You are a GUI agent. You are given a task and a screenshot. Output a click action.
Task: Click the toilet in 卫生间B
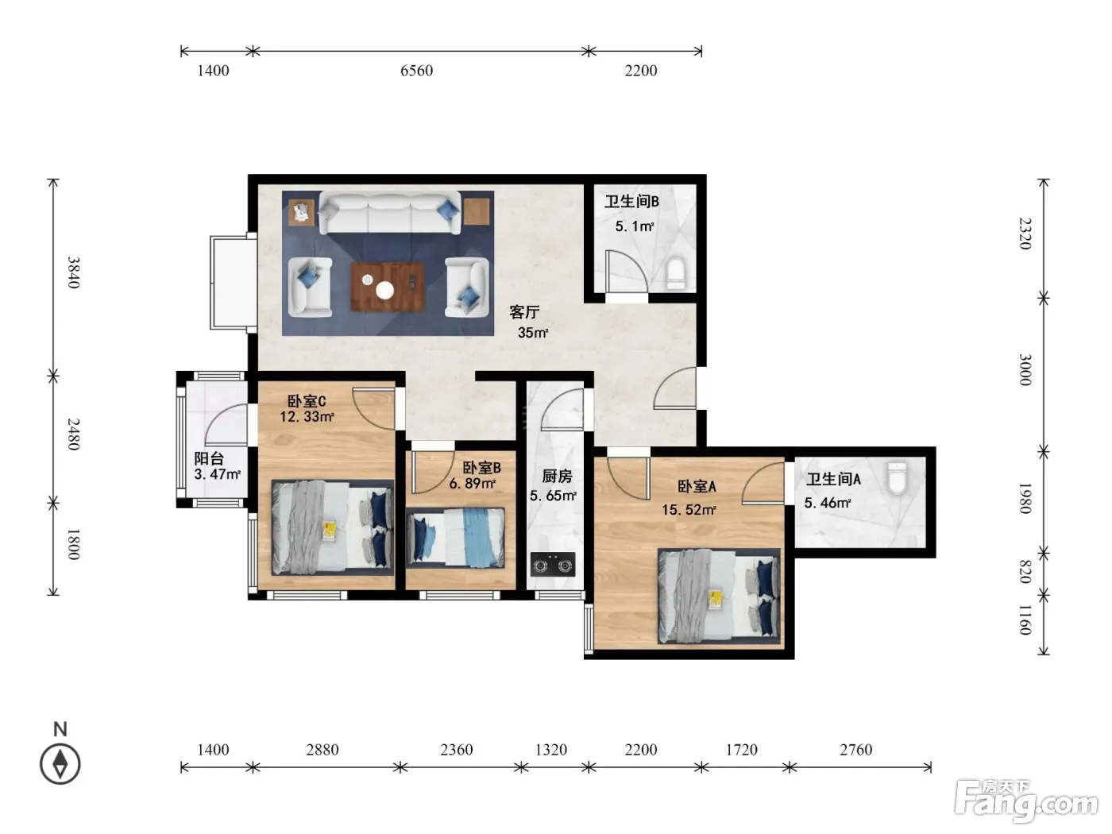(675, 273)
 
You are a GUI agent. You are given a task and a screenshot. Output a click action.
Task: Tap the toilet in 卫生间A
(897, 477)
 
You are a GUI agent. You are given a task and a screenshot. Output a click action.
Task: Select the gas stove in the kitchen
(553, 565)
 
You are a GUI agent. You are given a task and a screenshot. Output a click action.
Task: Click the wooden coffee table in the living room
(388, 287)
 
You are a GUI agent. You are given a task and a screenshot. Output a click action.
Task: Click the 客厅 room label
(524, 312)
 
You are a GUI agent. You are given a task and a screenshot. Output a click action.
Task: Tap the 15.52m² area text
(689, 510)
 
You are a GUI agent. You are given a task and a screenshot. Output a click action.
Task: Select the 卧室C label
(307, 402)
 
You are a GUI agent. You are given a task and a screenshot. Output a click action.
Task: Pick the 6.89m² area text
(472, 484)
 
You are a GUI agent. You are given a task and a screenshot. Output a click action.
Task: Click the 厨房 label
(557, 476)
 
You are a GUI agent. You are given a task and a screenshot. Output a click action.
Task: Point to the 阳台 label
(209, 459)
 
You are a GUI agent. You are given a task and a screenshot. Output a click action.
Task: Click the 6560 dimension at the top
(416, 71)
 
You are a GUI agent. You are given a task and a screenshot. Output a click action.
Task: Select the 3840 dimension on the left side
(74, 272)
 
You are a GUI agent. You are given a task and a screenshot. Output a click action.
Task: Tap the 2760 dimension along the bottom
(855, 750)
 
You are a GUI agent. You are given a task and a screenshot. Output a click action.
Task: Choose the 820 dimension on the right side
(1025, 572)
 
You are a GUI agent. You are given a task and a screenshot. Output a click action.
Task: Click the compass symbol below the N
(60, 764)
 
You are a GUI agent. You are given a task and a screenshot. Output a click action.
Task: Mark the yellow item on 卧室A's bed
(716, 600)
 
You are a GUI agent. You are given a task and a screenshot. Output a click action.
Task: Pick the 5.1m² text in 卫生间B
(635, 226)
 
